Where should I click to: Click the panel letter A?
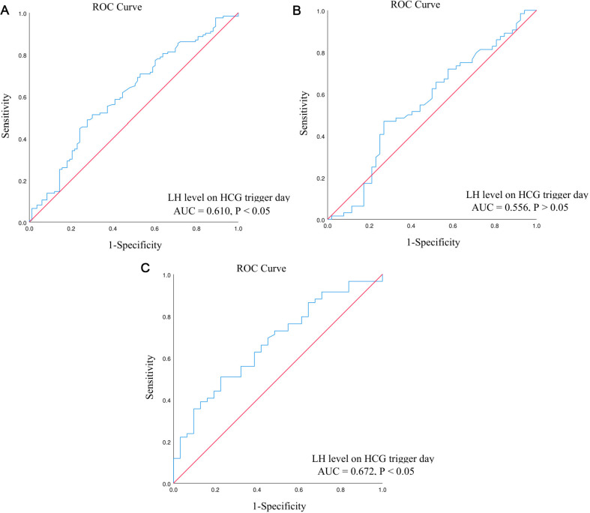(5, 10)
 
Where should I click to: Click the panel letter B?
(297, 10)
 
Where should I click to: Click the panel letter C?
(145, 268)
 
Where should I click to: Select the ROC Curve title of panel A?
(117, 7)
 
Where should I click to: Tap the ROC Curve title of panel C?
(261, 268)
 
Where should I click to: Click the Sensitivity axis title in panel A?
(6, 116)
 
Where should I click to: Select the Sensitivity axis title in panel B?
(304, 113)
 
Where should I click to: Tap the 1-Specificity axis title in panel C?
(279, 506)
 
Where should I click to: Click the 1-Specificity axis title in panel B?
(433, 242)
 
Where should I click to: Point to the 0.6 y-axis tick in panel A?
(22, 97)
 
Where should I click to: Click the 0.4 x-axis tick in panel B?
(411, 226)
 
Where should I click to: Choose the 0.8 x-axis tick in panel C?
(340, 490)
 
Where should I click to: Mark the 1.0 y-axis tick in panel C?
(166, 275)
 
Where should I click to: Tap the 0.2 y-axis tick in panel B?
(321, 178)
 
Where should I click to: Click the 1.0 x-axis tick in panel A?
(238, 229)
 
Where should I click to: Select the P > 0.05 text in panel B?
(551, 208)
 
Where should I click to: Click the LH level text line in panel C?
(373, 459)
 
